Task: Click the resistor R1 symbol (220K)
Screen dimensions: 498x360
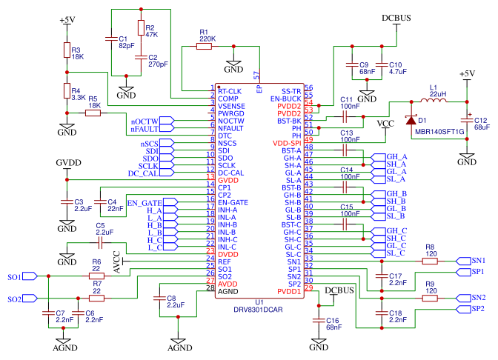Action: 204,47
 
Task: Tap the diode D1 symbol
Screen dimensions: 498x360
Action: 411,120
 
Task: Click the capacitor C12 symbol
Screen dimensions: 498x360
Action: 467,120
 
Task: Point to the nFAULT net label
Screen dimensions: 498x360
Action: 145,129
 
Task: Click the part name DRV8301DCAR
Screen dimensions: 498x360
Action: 258,310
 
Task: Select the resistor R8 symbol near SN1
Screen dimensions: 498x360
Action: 430,261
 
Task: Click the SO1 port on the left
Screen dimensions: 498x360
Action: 22,276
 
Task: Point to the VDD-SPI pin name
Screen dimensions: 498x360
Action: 287,144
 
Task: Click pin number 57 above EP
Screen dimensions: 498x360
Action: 256,76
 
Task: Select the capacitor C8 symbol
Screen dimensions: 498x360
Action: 159,298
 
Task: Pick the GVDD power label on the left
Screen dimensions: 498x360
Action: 69,163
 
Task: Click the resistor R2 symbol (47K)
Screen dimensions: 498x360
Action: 141,27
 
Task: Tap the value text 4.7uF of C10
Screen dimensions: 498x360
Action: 398,72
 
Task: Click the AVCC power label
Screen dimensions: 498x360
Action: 117,262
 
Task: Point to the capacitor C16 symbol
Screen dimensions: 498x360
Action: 319,320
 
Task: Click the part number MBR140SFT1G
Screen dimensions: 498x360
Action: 439,132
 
